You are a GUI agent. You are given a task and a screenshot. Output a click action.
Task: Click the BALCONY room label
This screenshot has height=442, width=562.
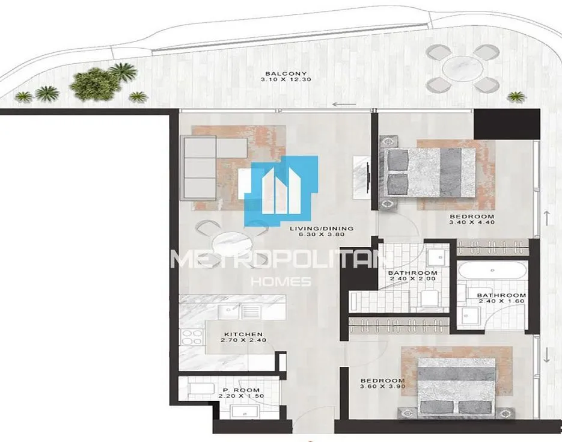pyautogui.click(x=286, y=74)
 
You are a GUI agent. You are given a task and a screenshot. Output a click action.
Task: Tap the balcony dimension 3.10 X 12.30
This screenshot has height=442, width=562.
pyautogui.click(x=286, y=79)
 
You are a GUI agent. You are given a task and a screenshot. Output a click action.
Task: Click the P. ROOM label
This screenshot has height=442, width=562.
pyautogui.click(x=241, y=390)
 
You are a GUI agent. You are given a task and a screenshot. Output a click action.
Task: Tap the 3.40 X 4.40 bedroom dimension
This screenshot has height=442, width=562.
pyautogui.click(x=472, y=223)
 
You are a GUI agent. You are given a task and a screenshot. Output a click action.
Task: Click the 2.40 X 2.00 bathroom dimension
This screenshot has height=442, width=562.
pyautogui.click(x=412, y=278)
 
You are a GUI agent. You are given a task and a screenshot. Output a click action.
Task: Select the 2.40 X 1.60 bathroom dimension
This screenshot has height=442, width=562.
pyautogui.click(x=501, y=301)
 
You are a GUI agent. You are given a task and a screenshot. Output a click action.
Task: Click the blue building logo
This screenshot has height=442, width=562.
pyautogui.click(x=281, y=191)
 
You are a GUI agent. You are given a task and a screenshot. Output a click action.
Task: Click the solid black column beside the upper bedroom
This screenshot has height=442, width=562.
pyautogui.click(x=507, y=124)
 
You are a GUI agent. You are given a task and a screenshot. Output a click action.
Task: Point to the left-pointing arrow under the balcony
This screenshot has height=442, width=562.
pyautogui.click(x=344, y=105)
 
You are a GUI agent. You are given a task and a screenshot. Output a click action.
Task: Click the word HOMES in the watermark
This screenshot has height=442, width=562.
pyautogui.click(x=281, y=282)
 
